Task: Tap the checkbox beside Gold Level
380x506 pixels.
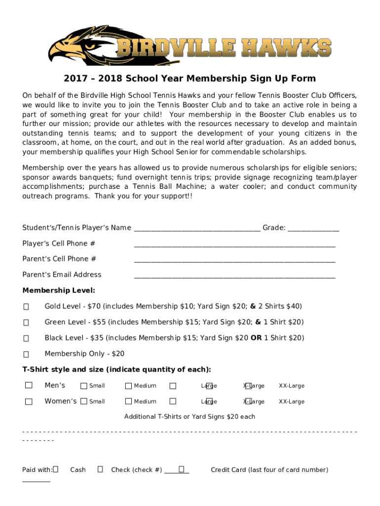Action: coord(26,307)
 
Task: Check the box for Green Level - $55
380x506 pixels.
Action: coord(26,323)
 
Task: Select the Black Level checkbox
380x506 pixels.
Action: coord(26,338)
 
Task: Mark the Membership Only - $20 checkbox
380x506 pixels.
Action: coord(26,354)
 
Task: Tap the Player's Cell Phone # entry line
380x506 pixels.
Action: coord(234,244)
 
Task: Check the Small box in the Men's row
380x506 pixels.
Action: coord(84,386)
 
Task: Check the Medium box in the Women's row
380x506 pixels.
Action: coord(128,402)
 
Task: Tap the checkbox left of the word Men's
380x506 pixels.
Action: coord(29,385)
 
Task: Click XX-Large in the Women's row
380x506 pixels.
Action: coord(291,402)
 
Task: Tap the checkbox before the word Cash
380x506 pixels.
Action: coord(55,469)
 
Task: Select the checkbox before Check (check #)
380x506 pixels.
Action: coord(100,469)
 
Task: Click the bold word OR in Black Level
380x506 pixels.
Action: coord(256,338)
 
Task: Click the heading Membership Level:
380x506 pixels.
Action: coord(59,291)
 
